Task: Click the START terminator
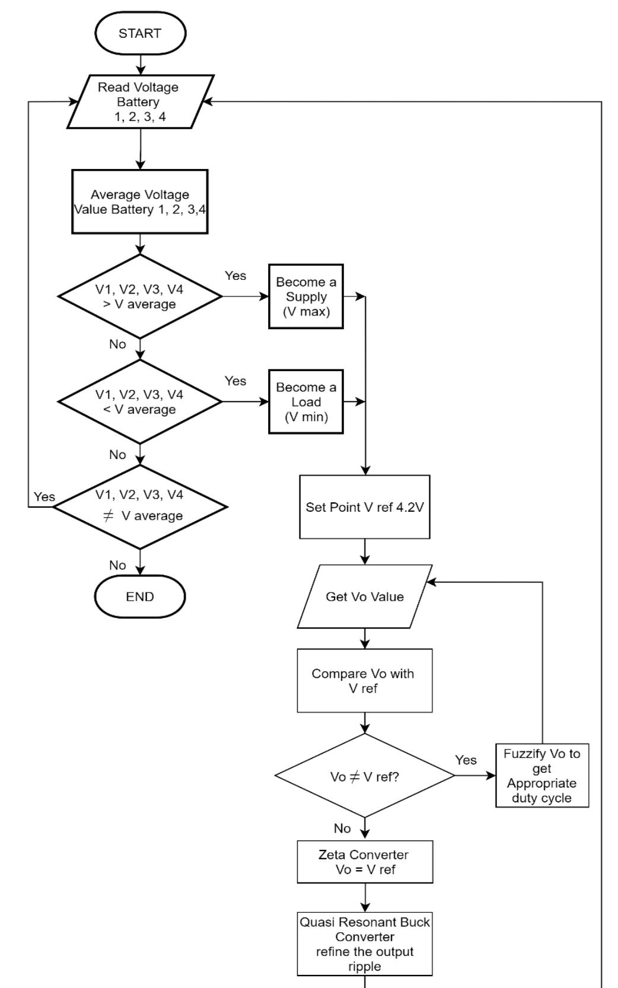[140, 33]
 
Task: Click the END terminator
[140, 597]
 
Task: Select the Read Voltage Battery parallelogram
[140, 101]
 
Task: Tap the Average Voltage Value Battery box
[140, 202]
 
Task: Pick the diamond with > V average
[140, 297]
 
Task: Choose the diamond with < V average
[140, 401]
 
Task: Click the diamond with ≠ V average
[140, 506]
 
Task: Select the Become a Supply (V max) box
[306, 297]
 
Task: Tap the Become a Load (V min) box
[306, 401]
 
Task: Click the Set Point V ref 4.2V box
[365, 507]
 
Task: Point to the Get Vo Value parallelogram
[365, 597]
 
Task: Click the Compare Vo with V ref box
[365, 681]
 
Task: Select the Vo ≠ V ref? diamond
[365, 776]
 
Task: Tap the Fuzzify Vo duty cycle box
[542, 776]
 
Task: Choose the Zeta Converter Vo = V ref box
[365, 862]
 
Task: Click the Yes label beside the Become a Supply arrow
[235, 276]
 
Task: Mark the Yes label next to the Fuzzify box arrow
[466, 760]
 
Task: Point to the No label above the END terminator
[117, 565]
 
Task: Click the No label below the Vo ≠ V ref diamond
[342, 828]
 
